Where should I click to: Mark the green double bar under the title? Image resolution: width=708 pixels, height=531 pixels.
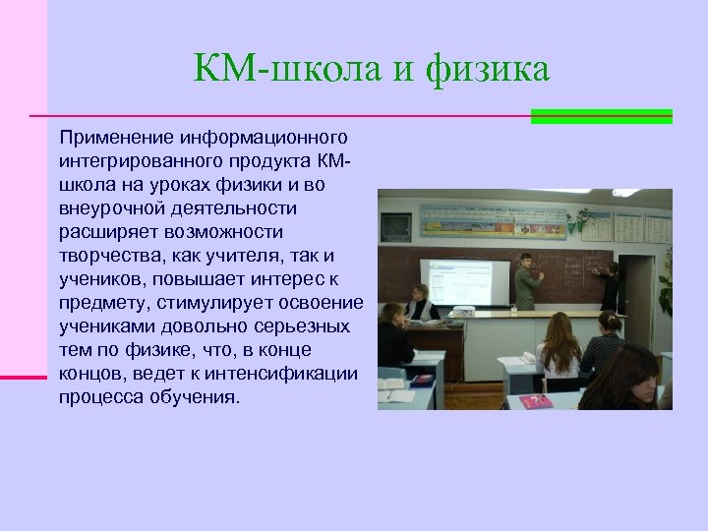click(x=601, y=116)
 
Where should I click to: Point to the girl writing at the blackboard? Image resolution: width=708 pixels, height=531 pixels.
click(x=610, y=286)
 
